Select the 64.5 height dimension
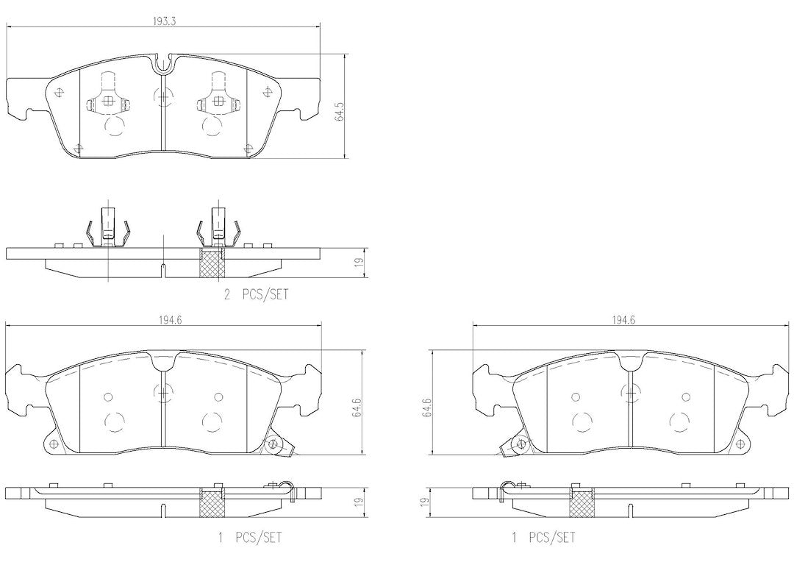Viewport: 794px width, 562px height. click(x=340, y=112)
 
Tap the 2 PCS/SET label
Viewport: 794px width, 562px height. click(x=257, y=294)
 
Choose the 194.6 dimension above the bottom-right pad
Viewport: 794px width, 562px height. click(x=624, y=320)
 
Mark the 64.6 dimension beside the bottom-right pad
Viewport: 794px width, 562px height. click(x=427, y=408)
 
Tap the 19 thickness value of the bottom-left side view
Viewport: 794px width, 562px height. click(x=359, y=502)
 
